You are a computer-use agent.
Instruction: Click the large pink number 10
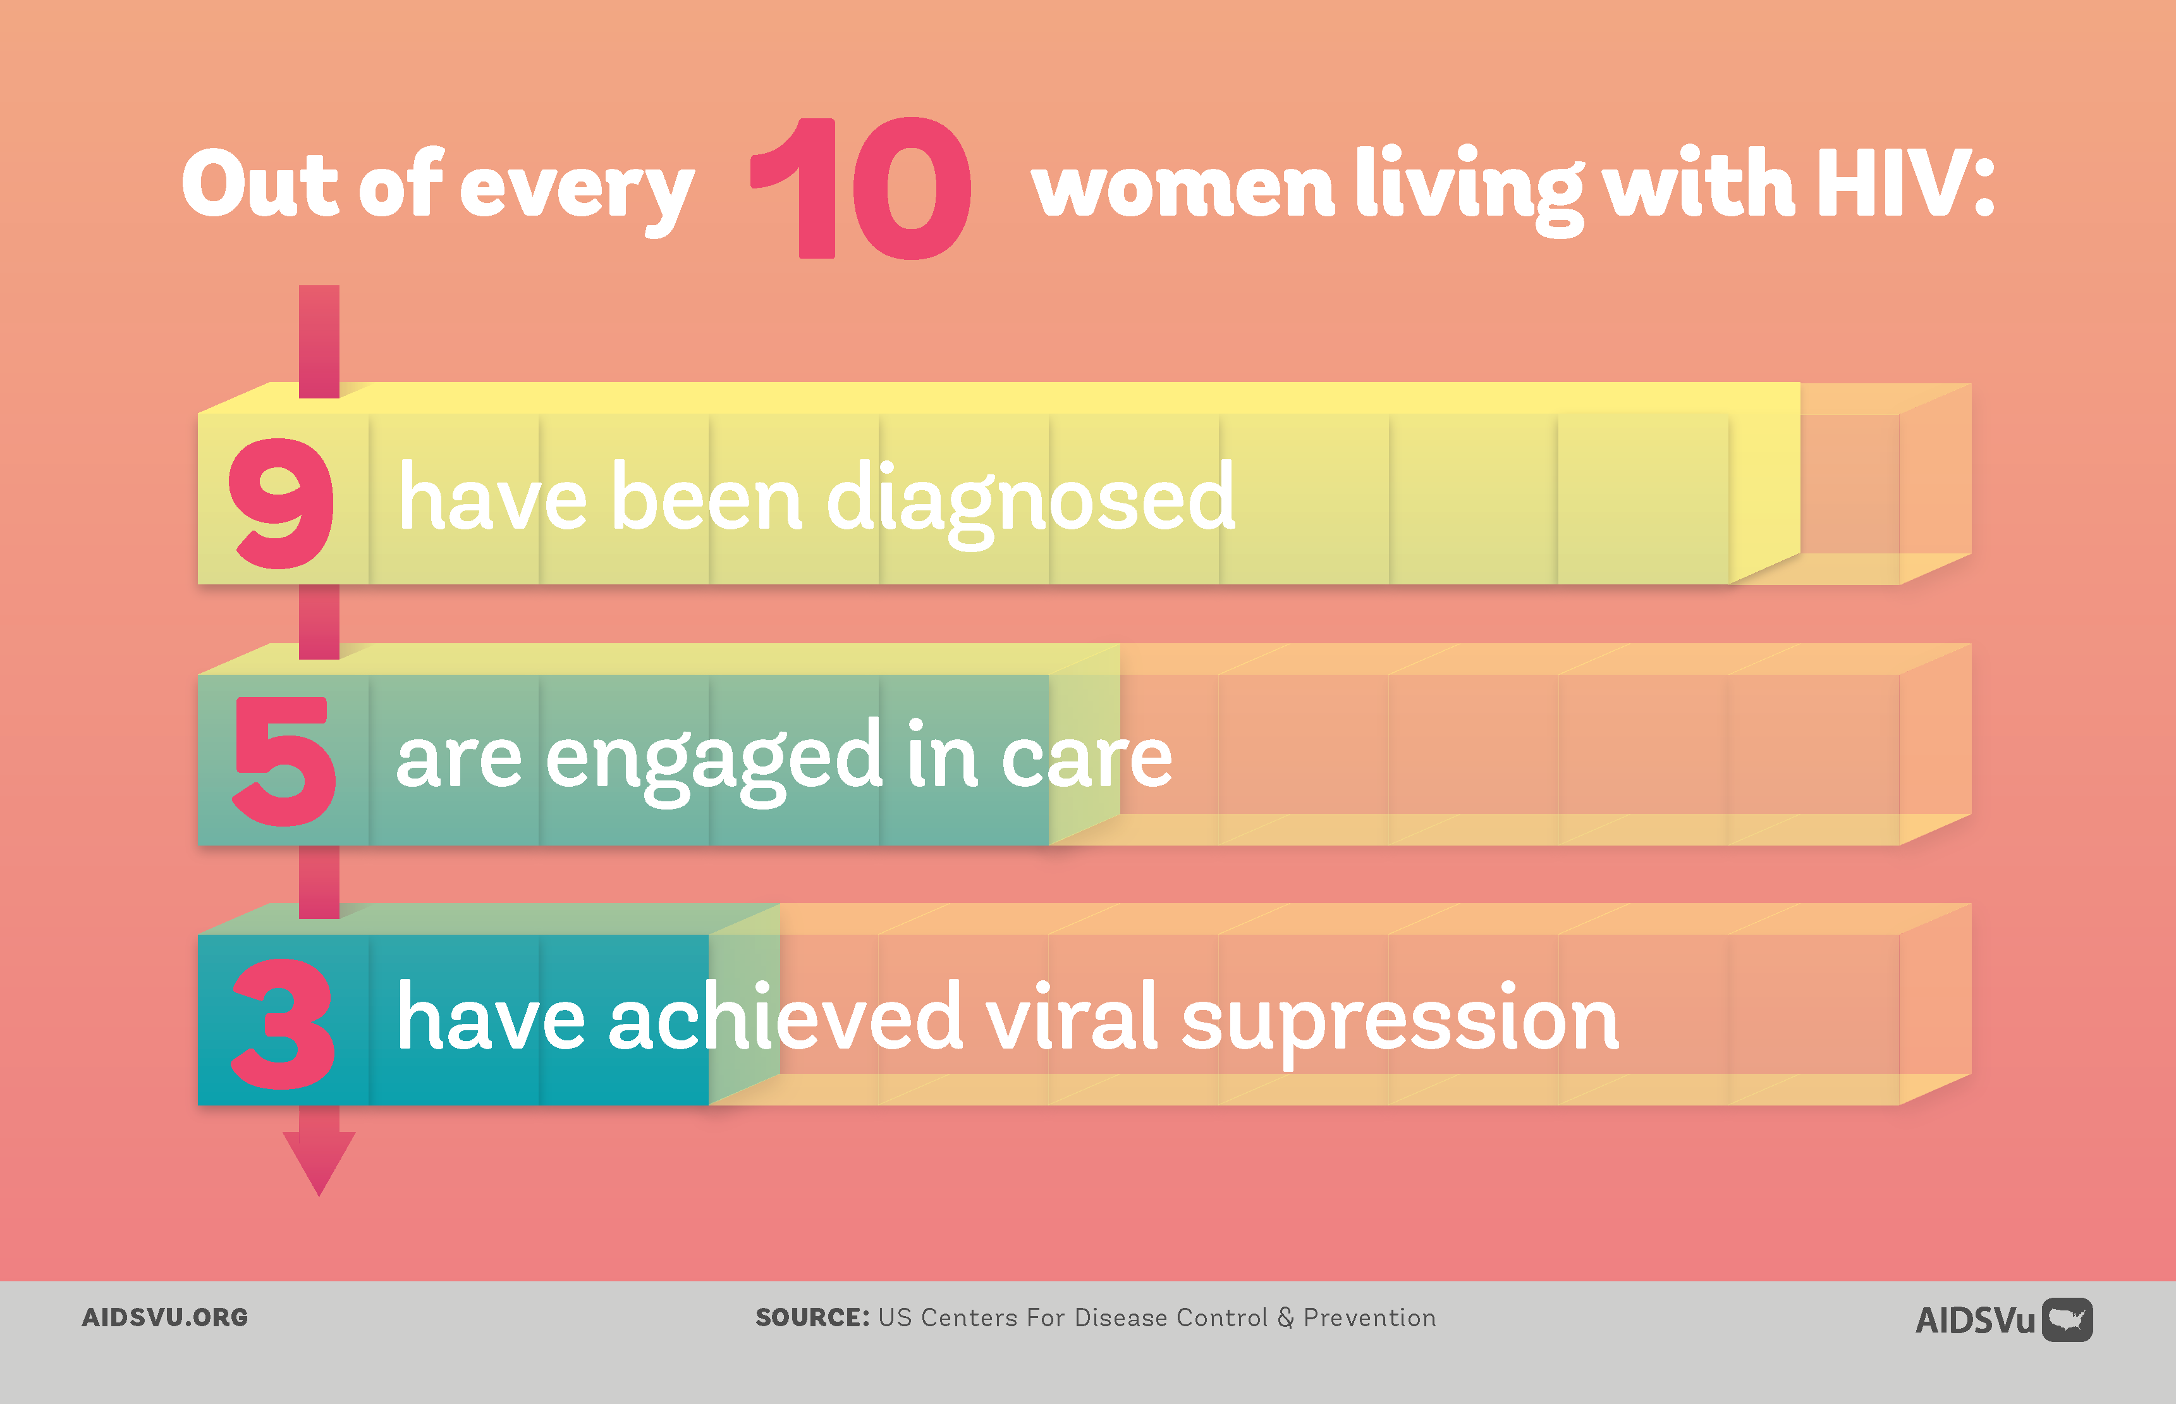861,188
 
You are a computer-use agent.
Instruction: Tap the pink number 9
281,503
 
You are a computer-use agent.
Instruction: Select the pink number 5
284,761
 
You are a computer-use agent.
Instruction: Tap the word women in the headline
1183,188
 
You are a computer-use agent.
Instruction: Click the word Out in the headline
260,183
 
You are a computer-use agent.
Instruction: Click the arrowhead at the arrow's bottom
319,1162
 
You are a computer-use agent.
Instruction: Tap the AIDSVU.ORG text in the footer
165,1317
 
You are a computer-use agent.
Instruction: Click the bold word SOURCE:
813,1317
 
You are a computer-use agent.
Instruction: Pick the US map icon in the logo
2067,1320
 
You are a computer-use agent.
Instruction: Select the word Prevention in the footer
1369,1317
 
